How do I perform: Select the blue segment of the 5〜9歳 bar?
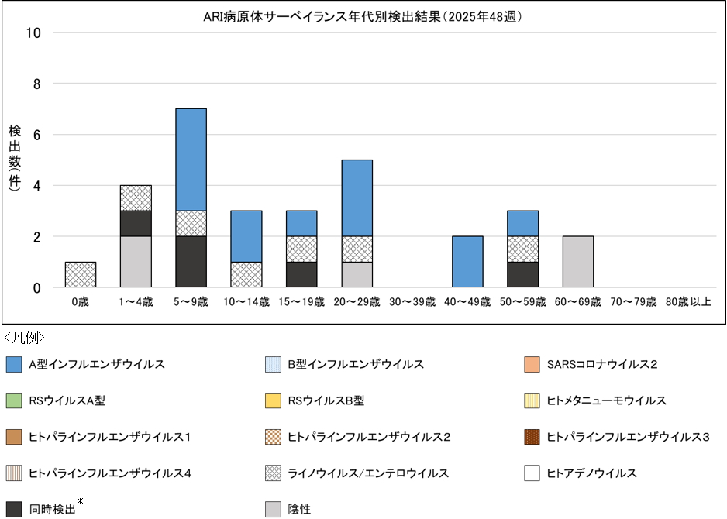191,160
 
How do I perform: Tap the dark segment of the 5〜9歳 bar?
191,262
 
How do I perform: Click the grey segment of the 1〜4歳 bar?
136,262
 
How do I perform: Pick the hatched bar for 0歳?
81,275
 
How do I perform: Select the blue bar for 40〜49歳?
467,262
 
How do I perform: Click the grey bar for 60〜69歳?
578,262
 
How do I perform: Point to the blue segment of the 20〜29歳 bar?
357,198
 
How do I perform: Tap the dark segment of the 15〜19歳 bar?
301,275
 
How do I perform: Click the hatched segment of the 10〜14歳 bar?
246,275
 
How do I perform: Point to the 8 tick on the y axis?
36,84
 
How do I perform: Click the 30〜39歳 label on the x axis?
412,301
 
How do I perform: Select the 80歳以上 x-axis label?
688,301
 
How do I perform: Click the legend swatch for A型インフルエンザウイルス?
13,364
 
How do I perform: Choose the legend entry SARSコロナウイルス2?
601,364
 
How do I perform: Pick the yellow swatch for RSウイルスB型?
272,400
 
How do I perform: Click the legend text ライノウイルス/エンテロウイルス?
368,473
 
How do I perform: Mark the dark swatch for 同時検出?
13,509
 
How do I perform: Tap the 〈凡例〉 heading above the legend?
25,338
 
